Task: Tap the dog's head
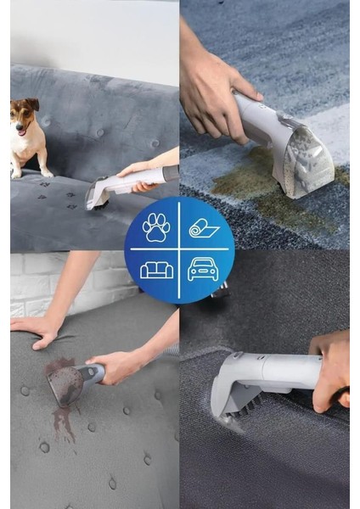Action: (x=25, y=112)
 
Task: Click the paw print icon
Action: (x=156, y=227)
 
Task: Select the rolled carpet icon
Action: (x=204, y=227)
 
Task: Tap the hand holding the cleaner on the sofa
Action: (x=136, y=170)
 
